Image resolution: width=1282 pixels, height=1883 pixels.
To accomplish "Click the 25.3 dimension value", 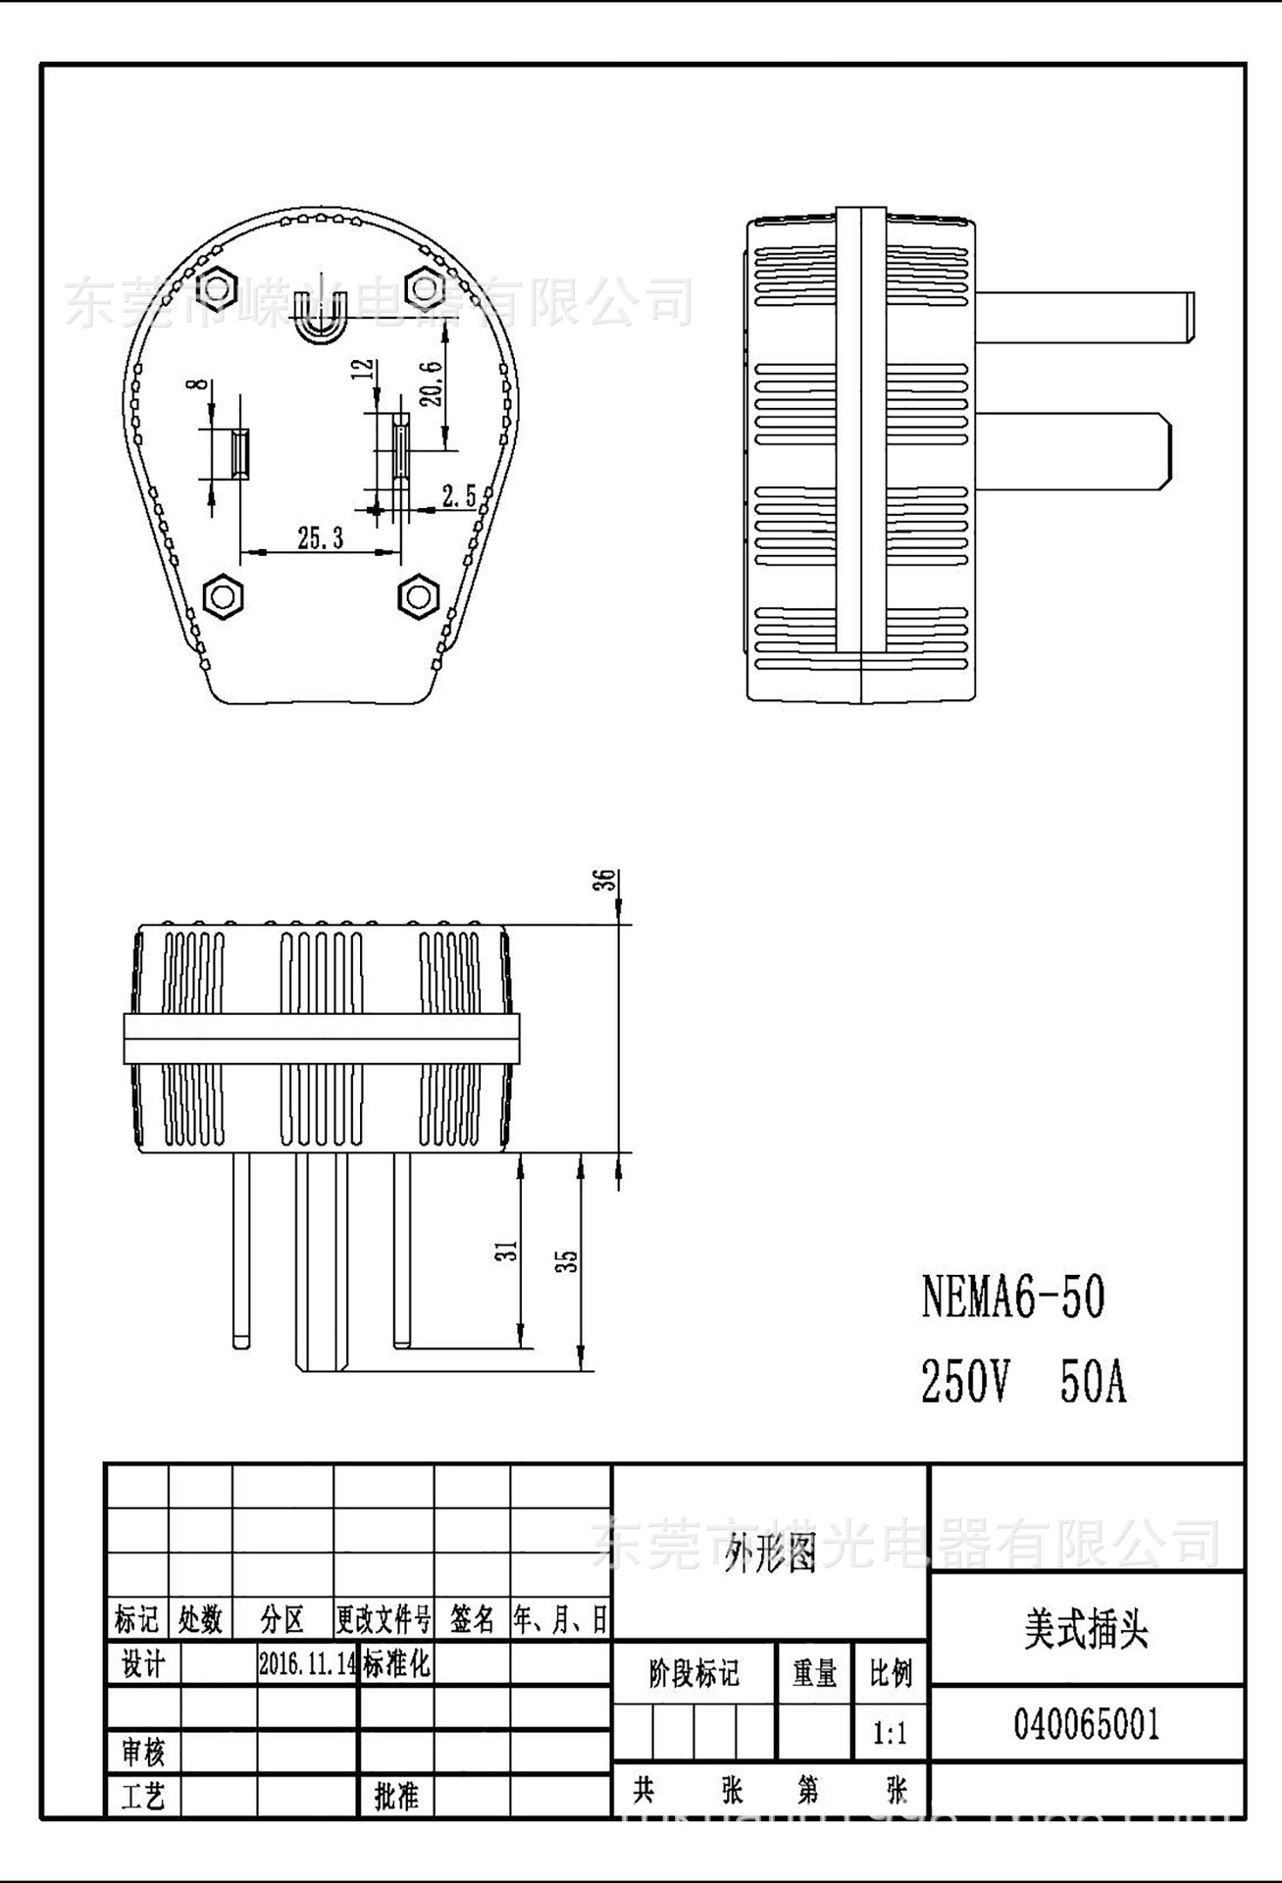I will pos(321,537).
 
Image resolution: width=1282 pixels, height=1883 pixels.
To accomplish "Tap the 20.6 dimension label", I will pos(431,382).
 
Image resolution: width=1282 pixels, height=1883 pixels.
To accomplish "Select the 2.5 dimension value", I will pos(458,496).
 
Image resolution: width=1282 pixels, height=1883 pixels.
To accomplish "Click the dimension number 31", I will pos(506,1250).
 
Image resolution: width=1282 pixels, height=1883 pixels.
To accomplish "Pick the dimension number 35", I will pos(568,1261).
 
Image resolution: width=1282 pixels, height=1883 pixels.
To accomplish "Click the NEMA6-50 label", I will pos(1013,1297).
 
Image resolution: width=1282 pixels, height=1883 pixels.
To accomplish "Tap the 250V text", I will pos(964,1383).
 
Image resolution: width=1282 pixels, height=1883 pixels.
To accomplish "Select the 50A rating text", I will pos(1093,1383).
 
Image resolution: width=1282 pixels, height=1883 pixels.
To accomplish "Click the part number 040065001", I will pos(1086,1724).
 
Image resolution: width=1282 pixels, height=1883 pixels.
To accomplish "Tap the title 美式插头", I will pos(1086,1631).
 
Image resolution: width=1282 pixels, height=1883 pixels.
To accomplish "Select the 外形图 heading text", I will pos(770,1554).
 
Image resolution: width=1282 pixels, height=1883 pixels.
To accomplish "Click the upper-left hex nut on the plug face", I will pos(217,287).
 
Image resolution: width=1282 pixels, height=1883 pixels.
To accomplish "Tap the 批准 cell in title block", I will pos(396,1796).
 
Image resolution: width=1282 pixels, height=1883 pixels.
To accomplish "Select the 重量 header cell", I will pos(814,1674).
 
